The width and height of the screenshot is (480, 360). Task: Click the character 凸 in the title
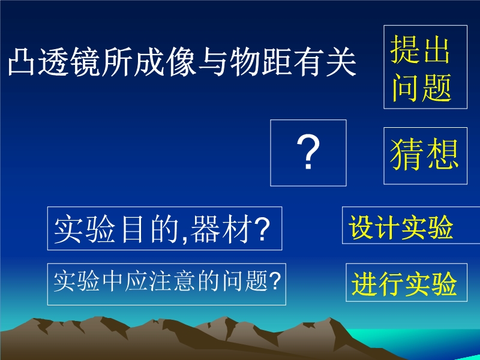tap(21, 62)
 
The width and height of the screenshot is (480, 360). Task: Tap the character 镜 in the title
tap(85, 62)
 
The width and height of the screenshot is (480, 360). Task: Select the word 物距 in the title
tap(260, 62)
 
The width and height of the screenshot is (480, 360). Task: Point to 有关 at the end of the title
tap(325, 62)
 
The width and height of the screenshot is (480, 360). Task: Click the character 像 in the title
tap(181, 62)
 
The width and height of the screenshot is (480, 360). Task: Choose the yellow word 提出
tap(420, 49)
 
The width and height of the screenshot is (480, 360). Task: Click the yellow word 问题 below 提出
tap(422, 88)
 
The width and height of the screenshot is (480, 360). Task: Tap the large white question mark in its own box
tap(308, 152)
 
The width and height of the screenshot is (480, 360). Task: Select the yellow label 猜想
tap(424, 154)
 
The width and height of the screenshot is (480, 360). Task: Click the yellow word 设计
tap(373, 227)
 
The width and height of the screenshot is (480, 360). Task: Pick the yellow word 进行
tap(377, 283)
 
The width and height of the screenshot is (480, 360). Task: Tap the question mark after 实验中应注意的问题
tap(275, 280)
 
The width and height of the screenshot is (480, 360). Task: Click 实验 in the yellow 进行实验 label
tap(431, 283)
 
